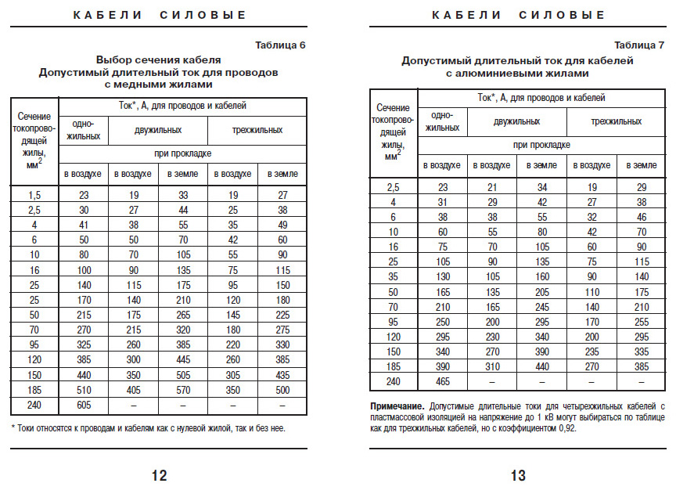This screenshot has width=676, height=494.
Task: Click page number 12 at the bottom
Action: (159, 474)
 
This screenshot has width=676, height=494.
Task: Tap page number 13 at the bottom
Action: (517, 474)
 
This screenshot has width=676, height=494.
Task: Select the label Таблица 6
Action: (279, 45)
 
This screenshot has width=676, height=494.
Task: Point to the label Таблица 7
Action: (639, 45)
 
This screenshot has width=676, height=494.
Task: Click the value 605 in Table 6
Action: (84, 406)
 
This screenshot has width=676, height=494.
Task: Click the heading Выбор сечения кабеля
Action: (159, 59)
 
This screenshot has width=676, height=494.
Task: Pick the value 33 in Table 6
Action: (183, 195)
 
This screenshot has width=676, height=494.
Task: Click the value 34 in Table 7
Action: (541, 186)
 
